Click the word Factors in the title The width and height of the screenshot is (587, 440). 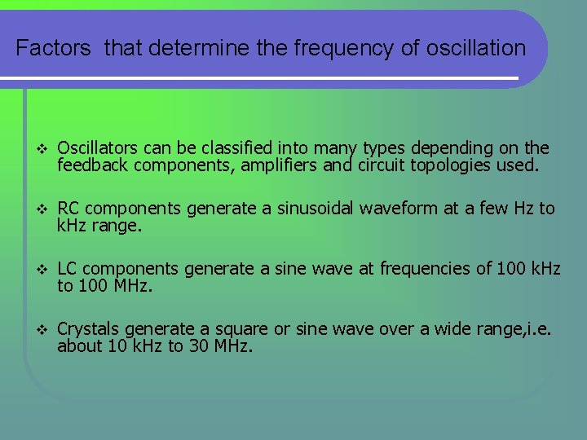[x=54, y=48]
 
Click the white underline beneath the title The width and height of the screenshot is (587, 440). [x=261, y=78]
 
